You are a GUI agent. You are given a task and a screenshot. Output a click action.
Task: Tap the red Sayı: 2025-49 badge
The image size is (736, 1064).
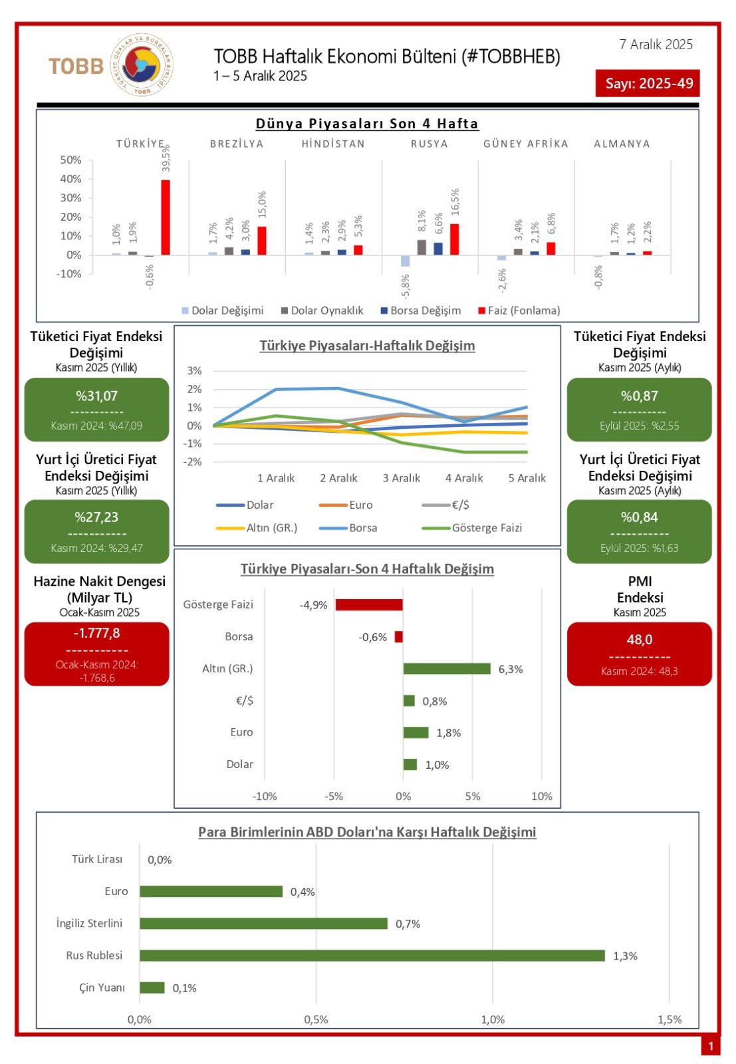[648, 84]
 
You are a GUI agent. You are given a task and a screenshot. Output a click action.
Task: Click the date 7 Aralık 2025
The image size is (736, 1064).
[656, 45]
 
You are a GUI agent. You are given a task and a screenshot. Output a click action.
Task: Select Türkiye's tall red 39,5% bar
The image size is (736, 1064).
[166, 217]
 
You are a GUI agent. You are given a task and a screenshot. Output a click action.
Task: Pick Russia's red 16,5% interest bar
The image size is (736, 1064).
[455, 239]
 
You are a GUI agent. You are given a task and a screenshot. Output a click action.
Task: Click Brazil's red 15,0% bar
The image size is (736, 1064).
[262, 241]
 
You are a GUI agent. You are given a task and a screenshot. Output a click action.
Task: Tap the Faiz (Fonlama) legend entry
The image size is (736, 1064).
[519, 311]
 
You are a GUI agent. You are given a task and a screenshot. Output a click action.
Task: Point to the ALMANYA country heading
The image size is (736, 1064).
[622, 144]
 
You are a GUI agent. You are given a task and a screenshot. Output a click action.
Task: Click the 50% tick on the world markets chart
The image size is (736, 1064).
[70, 160]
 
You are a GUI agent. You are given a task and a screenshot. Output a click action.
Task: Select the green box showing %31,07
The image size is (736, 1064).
[97, 410]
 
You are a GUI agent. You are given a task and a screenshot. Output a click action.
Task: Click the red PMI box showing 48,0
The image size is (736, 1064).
[639, 654]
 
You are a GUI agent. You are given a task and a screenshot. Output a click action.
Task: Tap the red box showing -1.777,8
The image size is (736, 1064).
[97, 654]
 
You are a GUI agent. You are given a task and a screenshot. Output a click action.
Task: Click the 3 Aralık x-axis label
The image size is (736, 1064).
[402, 478]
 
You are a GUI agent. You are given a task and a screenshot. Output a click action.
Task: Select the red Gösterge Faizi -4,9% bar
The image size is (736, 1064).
[369, 604]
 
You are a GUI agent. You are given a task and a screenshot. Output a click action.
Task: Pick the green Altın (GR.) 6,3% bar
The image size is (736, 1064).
[447, 669]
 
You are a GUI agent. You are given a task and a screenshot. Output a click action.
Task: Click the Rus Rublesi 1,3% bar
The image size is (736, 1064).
[372, 956]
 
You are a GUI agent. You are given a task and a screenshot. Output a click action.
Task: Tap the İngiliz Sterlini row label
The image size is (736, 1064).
[89, 923]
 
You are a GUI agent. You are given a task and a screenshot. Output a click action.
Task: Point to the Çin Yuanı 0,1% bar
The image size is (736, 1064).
[152, 988]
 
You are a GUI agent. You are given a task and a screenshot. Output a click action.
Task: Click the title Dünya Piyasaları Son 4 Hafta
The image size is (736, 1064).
[367, 124]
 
